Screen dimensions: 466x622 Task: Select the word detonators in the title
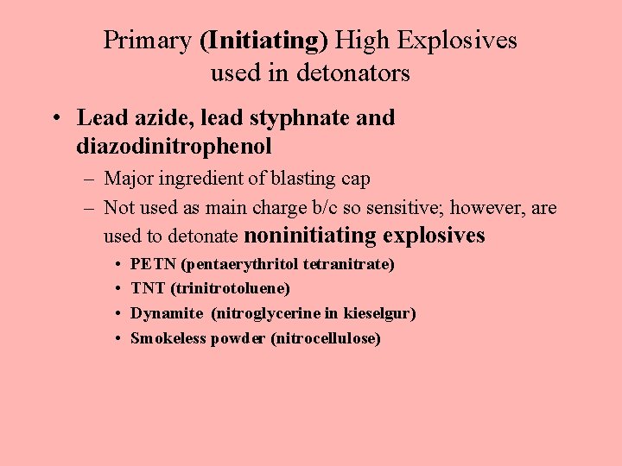[x=352, y=73]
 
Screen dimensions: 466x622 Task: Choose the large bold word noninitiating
[x=311, y=235]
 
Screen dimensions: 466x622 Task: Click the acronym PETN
[x=148, y=264]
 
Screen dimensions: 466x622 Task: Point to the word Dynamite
[x=167, y=313]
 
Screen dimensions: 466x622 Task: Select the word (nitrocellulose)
[x=326, y=338]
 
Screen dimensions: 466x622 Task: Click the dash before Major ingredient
[x=88, y=179]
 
